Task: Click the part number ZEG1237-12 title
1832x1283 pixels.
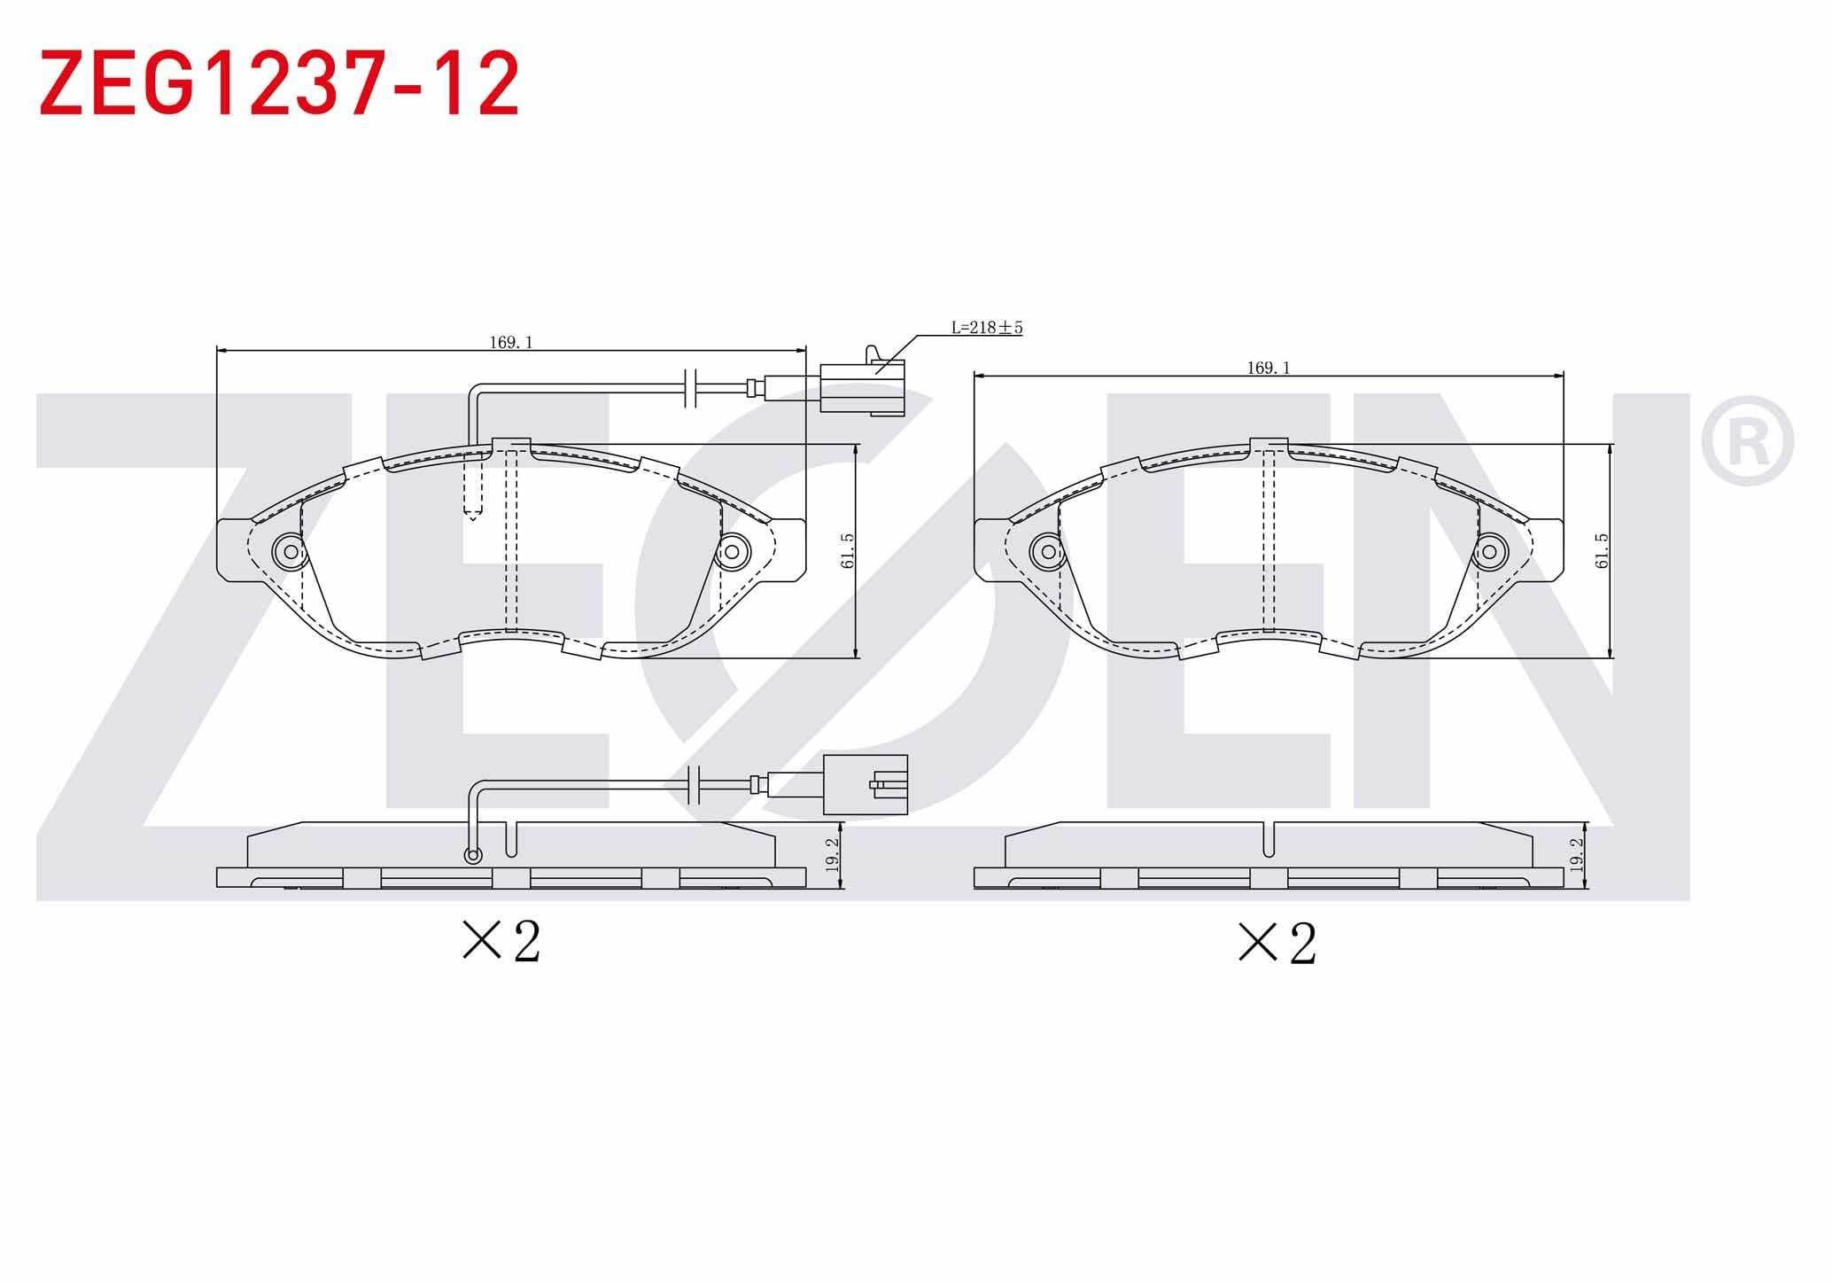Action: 279,84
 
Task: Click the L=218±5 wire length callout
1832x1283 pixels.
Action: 987,328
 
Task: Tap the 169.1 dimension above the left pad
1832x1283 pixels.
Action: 511,343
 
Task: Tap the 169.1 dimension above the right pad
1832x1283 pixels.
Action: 1269,368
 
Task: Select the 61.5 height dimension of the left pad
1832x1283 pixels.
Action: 848,550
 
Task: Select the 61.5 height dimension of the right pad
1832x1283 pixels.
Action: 1601,550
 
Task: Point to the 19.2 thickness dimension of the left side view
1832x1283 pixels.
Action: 832,856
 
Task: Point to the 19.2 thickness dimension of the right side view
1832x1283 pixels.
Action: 1576,856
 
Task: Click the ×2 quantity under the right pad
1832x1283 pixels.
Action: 1277,944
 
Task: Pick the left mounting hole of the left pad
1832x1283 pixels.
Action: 289,552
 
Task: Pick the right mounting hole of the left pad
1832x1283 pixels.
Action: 732,552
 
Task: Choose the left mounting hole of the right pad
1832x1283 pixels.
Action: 1048,552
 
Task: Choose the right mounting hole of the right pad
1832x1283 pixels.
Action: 1489,552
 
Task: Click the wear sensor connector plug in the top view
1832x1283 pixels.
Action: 862,386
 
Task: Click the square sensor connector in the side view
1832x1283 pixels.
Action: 866,784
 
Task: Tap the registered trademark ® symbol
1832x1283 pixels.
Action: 1747,440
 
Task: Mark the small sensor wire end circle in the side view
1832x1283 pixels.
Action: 473,855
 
